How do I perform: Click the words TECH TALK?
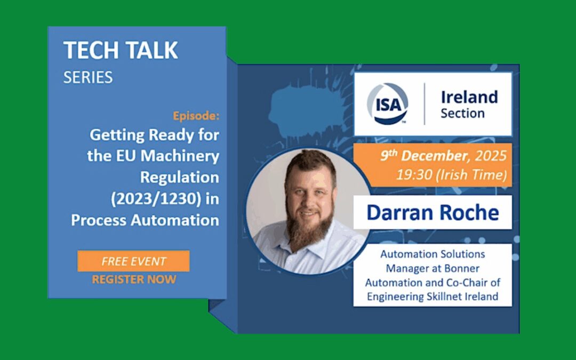tap(121, 51)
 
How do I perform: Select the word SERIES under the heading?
tap(88, 77)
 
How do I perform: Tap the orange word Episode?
tap(196, 115)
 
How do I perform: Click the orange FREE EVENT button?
tap(133, 261)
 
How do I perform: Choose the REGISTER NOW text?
tap(133, 279)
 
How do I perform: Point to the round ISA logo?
tap(388, 104)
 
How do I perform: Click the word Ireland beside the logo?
tap(469, 97)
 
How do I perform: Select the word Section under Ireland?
tap(462, 114)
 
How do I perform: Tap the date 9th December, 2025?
tap(443, 156)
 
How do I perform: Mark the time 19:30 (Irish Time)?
tap(450, 174)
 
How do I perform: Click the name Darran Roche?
tap(433, 212)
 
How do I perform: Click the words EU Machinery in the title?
tap(163, 156)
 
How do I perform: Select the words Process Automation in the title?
tap(145, 220)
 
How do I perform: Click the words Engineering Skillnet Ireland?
tap(432, 297)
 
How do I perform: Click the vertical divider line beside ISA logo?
tap(425, 104)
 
